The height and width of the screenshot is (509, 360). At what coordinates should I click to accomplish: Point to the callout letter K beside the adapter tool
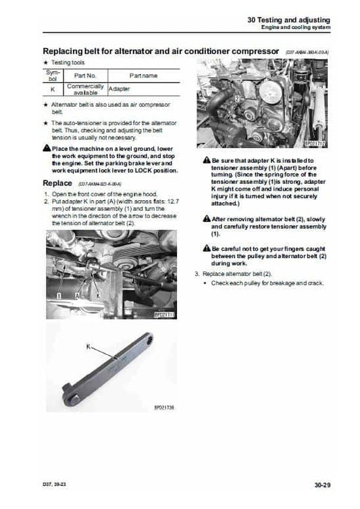88,346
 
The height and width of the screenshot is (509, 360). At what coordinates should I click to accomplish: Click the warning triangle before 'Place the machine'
46,147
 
